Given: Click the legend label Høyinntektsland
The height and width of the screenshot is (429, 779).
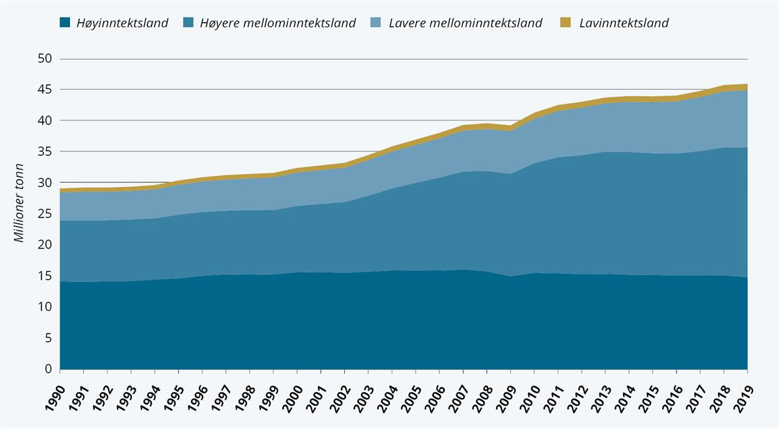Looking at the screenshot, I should pos(122,23).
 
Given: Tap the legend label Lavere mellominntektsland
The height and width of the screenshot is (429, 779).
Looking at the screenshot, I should pos(465,23).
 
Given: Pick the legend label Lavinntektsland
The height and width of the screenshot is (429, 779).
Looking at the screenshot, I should pos(623,23).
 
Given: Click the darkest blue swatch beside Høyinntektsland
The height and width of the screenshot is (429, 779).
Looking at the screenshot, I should pos(64,23).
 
